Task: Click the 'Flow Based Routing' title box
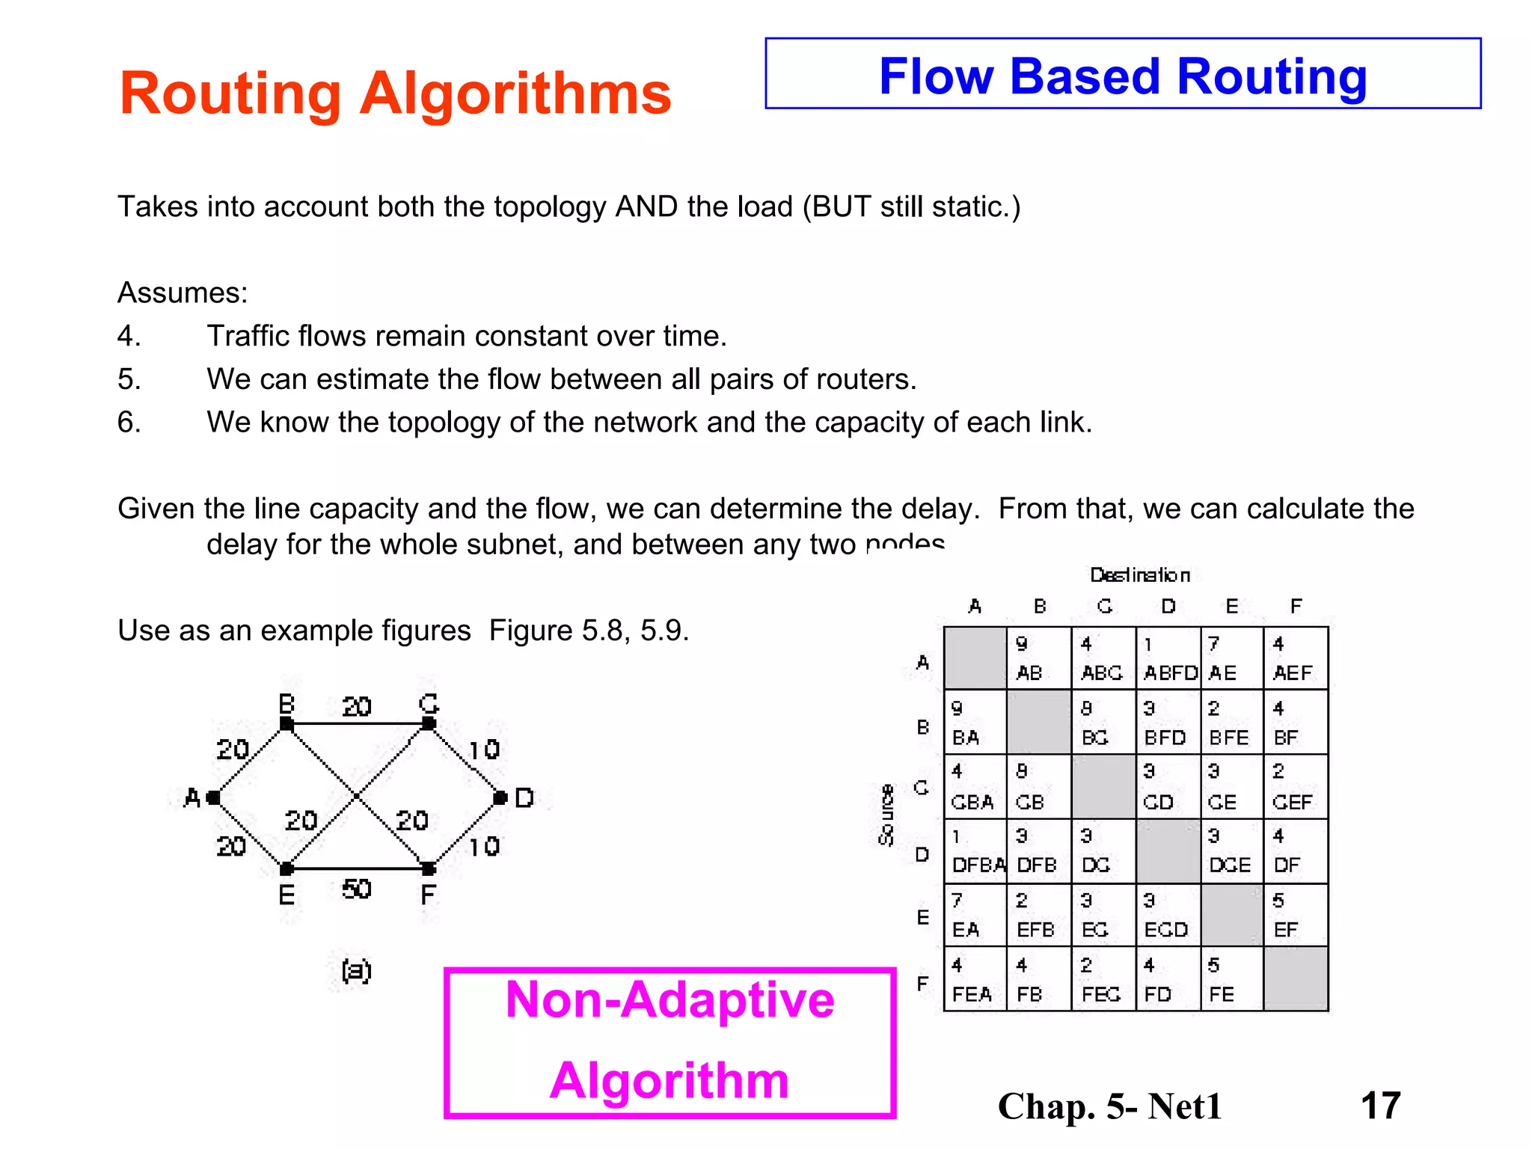click(x=1122, y=74)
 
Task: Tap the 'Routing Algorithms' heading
click(x=395, y=94)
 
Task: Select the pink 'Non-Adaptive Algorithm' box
click(x=670, y=1041)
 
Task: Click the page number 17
click(x=1380, y=1106)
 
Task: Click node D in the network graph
click(x=500, y=798)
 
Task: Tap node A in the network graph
click(x=213, y=798)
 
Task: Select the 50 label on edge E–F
click(x=357, y=889)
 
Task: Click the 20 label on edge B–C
click(x=357, y=706)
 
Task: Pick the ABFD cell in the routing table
click(x=1168, y=658)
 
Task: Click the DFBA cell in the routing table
click(x=975, y=851)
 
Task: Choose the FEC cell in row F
click(x=1103, y=980)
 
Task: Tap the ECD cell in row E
click(x=1168, y=916)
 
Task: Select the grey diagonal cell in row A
click(x=975, y=658)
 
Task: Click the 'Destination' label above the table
click(x=1139, y=575)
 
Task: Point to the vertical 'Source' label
click(x=886, y=815)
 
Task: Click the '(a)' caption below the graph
click(x=356, y=970)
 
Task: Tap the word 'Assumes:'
click(x=183, y=292)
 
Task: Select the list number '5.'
click(x=129, y=379)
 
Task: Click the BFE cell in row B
click(x=1231, y=723)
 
